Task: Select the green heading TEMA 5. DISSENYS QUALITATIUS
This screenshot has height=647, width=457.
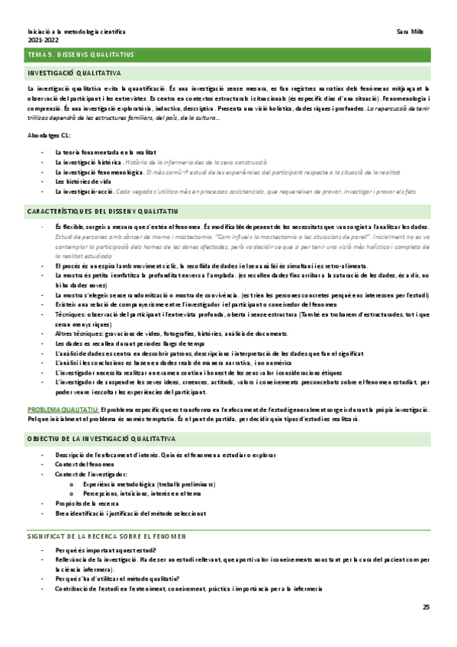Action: click(81, 55)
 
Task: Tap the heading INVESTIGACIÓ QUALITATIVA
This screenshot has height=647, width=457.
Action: click(73, 73)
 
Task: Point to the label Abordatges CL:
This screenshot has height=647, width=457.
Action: click(49, 135)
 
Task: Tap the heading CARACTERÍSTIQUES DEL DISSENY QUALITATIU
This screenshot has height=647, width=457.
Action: click(104, 210)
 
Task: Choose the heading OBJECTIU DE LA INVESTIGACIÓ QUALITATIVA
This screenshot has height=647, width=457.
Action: click(101, 439)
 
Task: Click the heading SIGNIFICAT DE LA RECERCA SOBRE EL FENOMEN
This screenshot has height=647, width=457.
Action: click(106, 536)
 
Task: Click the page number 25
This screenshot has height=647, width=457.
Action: click(426, 607)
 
